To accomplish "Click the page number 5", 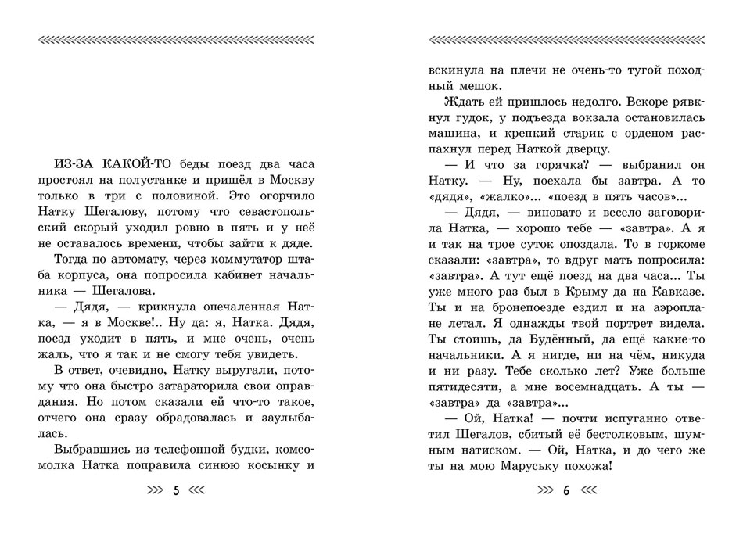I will click(x=175, y=492).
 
